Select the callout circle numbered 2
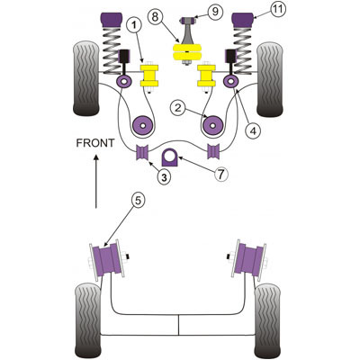click(178, 108)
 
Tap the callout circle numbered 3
click(164, 177)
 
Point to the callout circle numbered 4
click(253, 131)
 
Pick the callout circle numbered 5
click(138, 201)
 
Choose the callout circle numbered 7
click(221, 174)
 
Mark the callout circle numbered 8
click(155, 17)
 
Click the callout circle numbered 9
click(215, 12)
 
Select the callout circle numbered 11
click(278, 9)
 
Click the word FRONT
click(95, 143)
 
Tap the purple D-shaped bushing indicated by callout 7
click(170, 157)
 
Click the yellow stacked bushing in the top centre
click(186, 52)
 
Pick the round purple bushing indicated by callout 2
click(142, 125)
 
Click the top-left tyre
click(86, 78)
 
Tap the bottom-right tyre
click(267, 320)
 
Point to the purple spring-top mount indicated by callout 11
click(244, 20)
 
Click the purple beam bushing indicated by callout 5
click(107, 259)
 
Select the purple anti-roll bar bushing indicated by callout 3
click(142, 152)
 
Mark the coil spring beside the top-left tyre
click(112, 50)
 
